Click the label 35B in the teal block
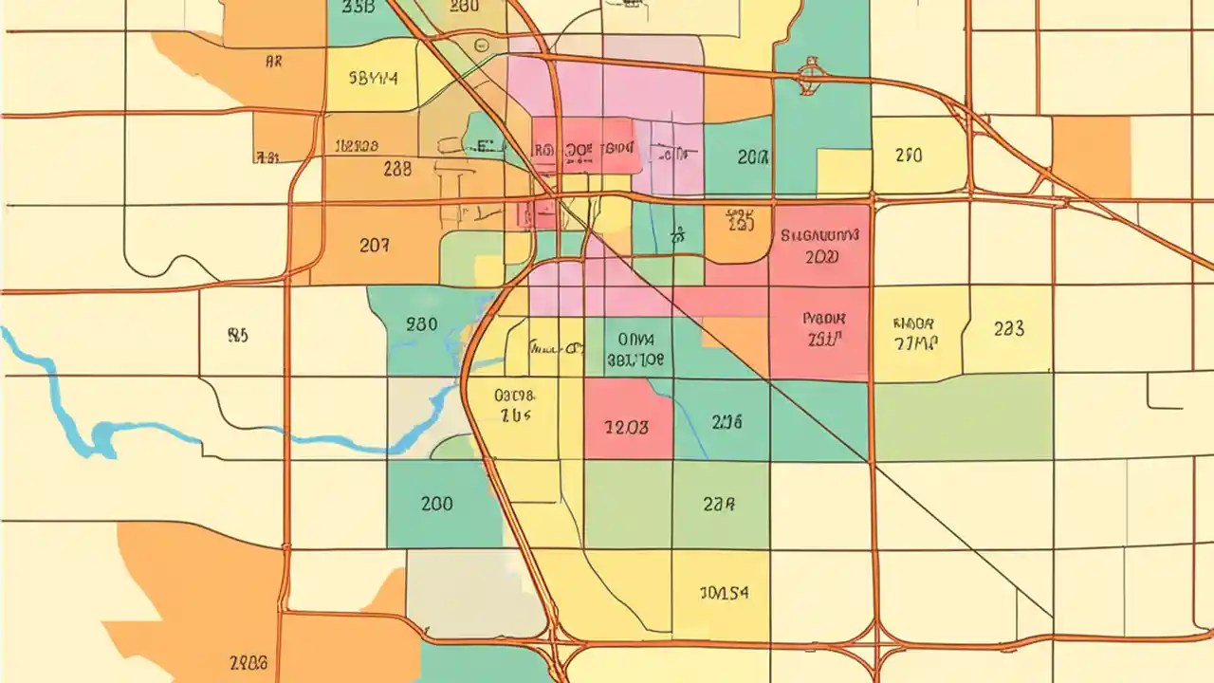[357, 9]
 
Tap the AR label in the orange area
[273, 64]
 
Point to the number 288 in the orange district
[397, 169]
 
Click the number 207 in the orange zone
[374, 245]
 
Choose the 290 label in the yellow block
[908, 156]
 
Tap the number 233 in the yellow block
[1008, 329]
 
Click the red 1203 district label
[627, 427]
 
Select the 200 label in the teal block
[436, 504]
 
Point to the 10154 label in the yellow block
[724, 593]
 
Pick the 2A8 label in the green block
[719, 505]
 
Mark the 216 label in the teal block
[726, 422]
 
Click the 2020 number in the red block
[820, 257]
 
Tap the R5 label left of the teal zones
[238, 335]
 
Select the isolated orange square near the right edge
[1092, 156]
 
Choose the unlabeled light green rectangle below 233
[962, 417]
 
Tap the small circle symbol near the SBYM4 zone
[481, 45]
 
